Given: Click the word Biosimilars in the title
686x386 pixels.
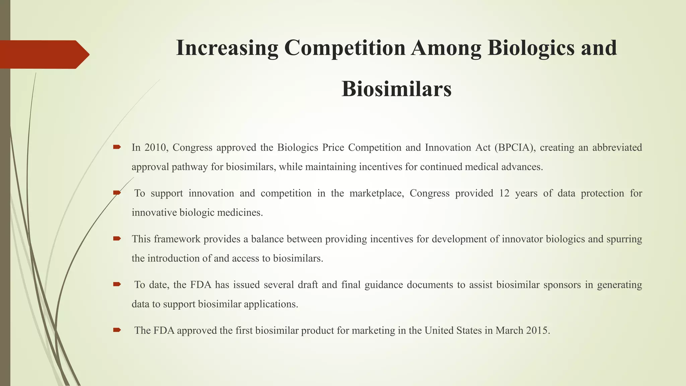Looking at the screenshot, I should [397, 89].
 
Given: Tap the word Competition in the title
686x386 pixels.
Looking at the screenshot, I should [345, 48].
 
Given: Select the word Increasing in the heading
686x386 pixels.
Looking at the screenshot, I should [227, 48].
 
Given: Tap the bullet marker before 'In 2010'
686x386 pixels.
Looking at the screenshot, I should [117, 147].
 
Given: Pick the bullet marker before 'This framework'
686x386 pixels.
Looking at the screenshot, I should [117, 239].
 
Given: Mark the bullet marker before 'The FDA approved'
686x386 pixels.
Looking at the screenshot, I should [117, 330].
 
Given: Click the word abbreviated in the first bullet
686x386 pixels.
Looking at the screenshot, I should [617, 148].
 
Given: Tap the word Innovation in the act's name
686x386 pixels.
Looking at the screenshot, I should [448, 148].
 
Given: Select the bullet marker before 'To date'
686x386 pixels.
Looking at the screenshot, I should [117, 284].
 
